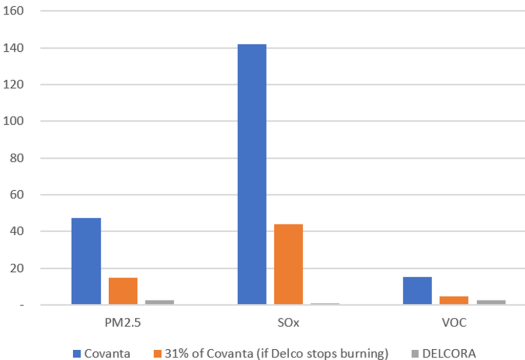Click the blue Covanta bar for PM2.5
86,262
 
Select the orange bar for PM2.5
123,291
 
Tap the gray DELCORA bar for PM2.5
159,302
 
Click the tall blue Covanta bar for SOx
252,174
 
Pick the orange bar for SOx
288,265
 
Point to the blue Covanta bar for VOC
417,291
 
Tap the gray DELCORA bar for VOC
491,302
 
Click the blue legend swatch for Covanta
77,353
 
